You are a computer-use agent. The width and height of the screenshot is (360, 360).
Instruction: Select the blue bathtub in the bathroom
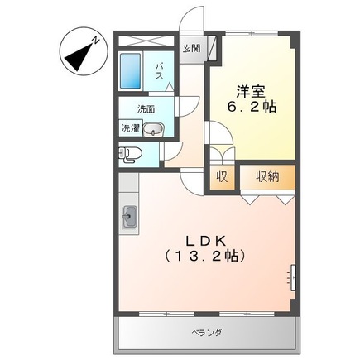pos(132,72)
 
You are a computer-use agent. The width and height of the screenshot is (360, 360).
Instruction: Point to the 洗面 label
pos(146,109)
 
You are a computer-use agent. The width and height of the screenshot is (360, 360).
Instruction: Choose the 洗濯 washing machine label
pos(132,128)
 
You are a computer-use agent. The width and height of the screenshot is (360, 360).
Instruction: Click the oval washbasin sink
pos(159,128)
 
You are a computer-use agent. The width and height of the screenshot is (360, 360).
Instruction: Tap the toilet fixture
pos(131,152)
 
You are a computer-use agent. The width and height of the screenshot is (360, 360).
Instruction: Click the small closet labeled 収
pos(223,176)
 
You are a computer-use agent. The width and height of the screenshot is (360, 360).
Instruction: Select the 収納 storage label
pos(267,176)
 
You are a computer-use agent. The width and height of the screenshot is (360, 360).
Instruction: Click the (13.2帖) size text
pos(204,256)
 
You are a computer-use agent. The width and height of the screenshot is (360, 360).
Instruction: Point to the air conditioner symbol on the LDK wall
pos(291,276)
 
